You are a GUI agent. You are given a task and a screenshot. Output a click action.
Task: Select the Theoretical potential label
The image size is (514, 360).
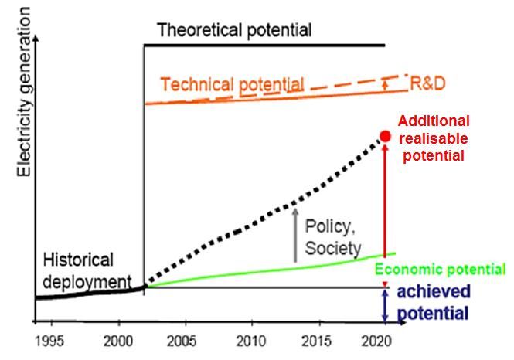point(234,31)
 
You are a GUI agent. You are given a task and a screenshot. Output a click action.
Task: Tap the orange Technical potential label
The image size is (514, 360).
point(232,83)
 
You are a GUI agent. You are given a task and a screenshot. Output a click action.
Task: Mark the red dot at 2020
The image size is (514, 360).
point(385,137)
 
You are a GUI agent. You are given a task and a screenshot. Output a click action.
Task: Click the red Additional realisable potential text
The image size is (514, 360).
point(433,138)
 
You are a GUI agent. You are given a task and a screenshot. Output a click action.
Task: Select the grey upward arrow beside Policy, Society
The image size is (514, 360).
point(294,236)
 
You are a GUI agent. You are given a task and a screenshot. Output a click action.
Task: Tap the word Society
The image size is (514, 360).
point(333,249)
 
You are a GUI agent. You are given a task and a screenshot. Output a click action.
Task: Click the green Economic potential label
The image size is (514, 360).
point(441,270)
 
